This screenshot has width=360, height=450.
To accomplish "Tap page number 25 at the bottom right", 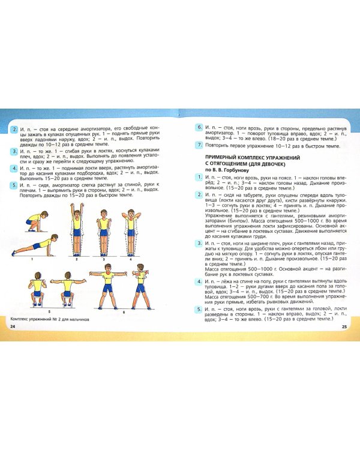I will pos(344,326).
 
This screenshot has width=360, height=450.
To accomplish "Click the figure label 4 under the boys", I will pos(130,260).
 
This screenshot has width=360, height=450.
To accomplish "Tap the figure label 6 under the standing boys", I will pos(124,311).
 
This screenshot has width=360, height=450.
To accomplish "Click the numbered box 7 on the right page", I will pos(199,145).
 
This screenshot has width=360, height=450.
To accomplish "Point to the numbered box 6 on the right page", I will pos(199,128).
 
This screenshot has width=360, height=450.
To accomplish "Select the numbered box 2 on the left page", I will pos(14,128).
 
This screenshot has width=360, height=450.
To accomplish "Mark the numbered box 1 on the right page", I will pos(199,178).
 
